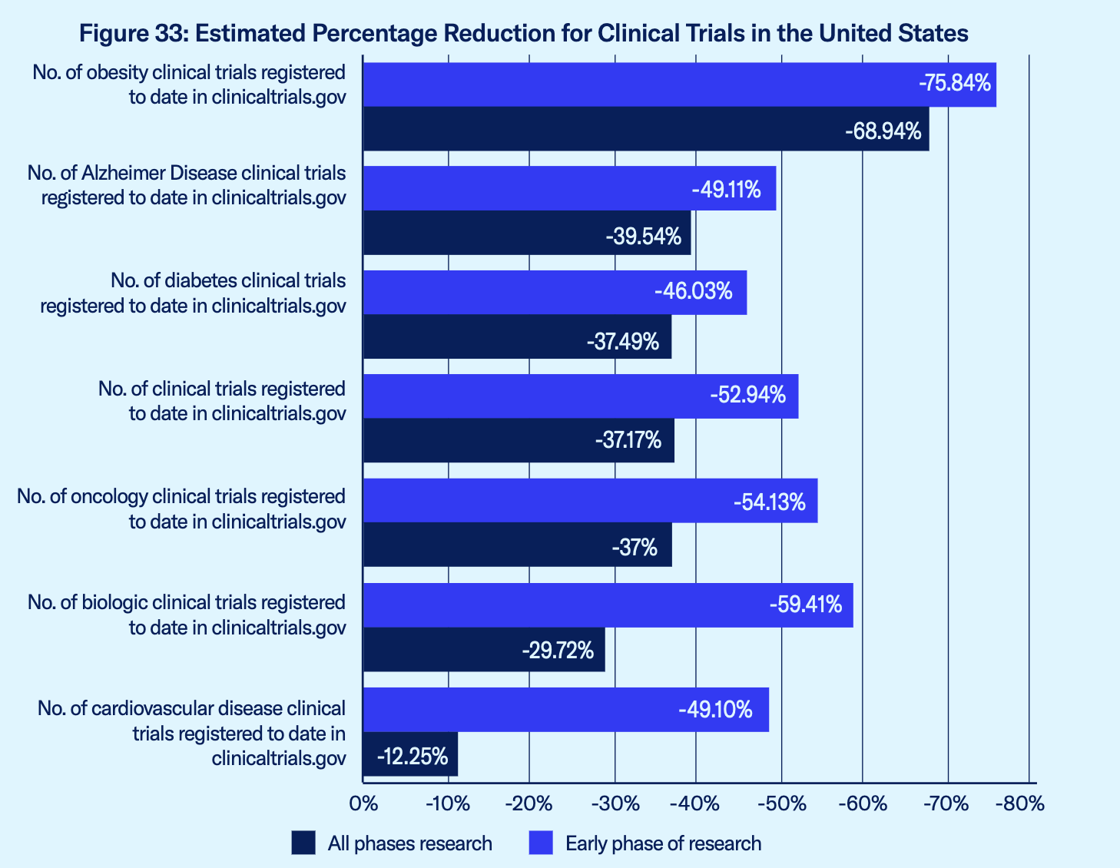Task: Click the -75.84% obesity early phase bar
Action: click(x=679, y=84)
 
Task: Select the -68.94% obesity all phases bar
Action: click(x=645, y=129)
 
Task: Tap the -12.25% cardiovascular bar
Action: click(x=410, y=754)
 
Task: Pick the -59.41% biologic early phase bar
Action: click(x=607, y=605)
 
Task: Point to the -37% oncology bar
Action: click(x=517, y=545)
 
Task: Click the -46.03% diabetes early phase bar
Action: click(x=554, y=293)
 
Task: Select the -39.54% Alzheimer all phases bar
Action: click(x=526, y=233)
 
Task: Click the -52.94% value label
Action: click(x=747, y=396)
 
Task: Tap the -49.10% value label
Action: click(x=715, y=710)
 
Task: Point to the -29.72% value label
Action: click(x=558, y=651)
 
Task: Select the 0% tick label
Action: click(x=363, y=804)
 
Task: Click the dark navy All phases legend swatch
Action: click(x=303, y=843)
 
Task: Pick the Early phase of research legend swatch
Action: click(x=542, y=843)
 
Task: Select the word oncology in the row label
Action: click(x=109, y=497)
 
